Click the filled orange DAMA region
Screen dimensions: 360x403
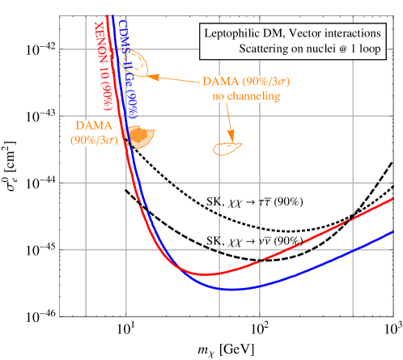tap(141, 137)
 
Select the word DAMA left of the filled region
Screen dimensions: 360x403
tap(93, 126)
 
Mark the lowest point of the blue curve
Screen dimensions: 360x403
tap(237, 288)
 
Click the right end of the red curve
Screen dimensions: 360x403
tap(392, 198)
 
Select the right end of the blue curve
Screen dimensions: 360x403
tap(392, 233)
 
